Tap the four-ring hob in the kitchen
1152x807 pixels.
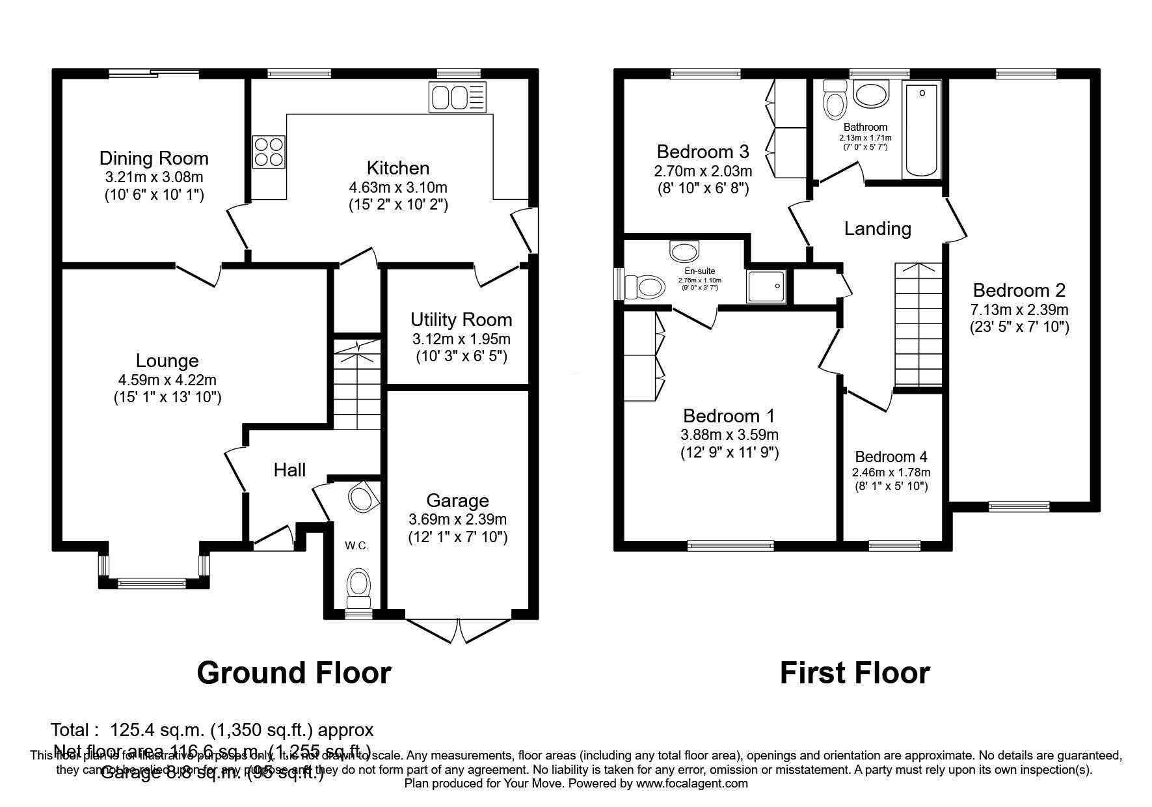(269, 151)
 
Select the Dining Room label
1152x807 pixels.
(154, 158)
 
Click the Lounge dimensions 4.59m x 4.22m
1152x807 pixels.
(167, 379)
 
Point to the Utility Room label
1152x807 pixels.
(461, 320)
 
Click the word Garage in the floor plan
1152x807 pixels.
(457, 500)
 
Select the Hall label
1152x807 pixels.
(289, 470)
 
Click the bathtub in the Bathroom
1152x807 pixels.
(922, 130)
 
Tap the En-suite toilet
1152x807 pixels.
(643, 285)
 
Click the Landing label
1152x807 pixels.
(877, 228)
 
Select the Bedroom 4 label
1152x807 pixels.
(891, 457)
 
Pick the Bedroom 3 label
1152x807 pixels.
(703, 152)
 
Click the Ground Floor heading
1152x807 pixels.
(293, 673)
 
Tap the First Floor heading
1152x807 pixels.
(855, 673)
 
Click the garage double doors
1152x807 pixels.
(458, 630)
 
